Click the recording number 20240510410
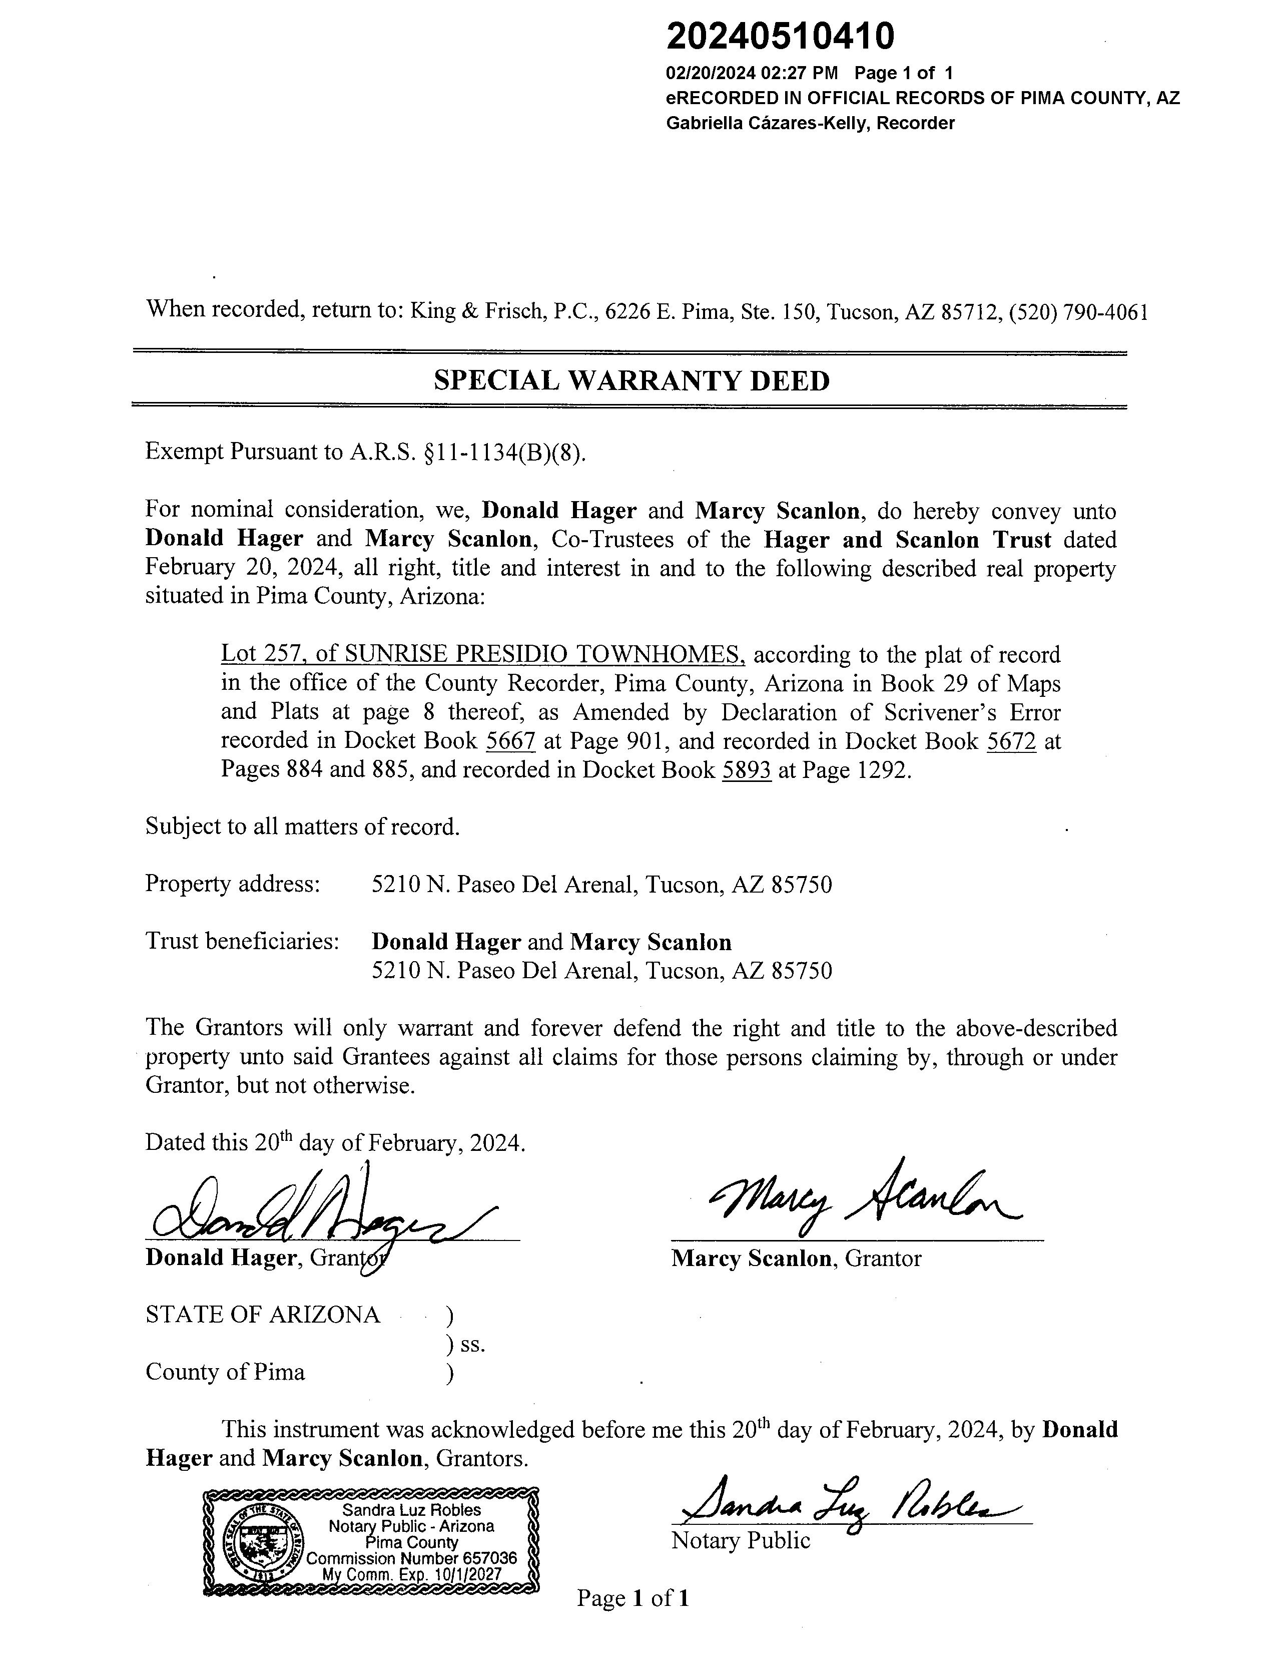click(x=780, y=36)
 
